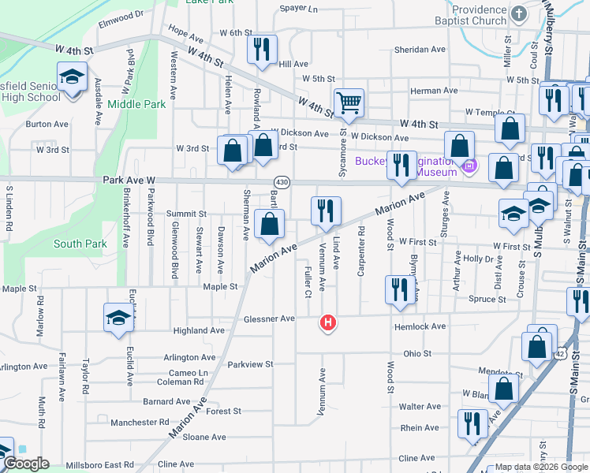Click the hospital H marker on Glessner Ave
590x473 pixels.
click(x=328, y=322)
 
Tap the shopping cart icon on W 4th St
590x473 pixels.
click(x=349, y=102)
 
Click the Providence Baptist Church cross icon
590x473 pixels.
click(x=518, y=13)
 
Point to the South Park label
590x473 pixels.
click(x=80, y=244)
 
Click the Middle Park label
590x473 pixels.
click(x=136, y=103)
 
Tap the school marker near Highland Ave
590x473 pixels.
click(x=118, y=317)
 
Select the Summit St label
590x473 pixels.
click(x=187, y=214)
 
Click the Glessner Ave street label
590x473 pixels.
click(x=269, y=318)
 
